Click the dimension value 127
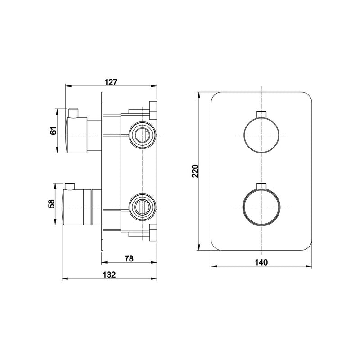point(111,82)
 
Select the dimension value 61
point(53,130)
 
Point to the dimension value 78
point(129,258)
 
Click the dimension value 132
point(109,274)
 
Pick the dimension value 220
point(195,171)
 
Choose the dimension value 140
point(261,262)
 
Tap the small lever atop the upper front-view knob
point(261,114)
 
